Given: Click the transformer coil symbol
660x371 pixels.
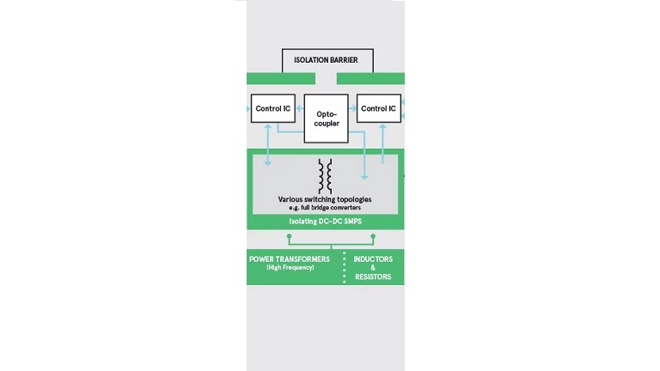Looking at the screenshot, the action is [325, 176].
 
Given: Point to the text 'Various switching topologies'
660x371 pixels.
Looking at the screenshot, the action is [325, 199].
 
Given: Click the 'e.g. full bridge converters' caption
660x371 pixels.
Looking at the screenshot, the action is [325, 208].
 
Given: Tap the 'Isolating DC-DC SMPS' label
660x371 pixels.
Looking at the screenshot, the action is [326, 222].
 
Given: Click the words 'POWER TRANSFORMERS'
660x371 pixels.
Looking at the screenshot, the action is [290, 259].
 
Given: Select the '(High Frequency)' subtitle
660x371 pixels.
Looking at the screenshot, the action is [290, 268].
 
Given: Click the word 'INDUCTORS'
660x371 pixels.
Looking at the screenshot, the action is [373, 259].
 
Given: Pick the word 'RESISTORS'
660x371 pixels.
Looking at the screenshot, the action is [373, 277].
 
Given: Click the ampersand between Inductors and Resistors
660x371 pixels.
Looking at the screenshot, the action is [373, 268].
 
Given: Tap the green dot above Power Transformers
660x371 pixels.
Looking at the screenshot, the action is [289, 237].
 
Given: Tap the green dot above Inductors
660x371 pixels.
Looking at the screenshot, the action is [373, 237].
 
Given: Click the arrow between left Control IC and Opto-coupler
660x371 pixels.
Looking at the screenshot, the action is [300, 108].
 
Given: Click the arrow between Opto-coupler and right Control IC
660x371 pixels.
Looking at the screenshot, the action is [352, 108].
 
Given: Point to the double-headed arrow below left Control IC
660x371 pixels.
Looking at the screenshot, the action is [268, 144].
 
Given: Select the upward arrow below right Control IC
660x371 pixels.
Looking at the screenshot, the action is [382, 143].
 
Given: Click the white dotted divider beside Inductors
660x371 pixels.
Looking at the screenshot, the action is [345, 267].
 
